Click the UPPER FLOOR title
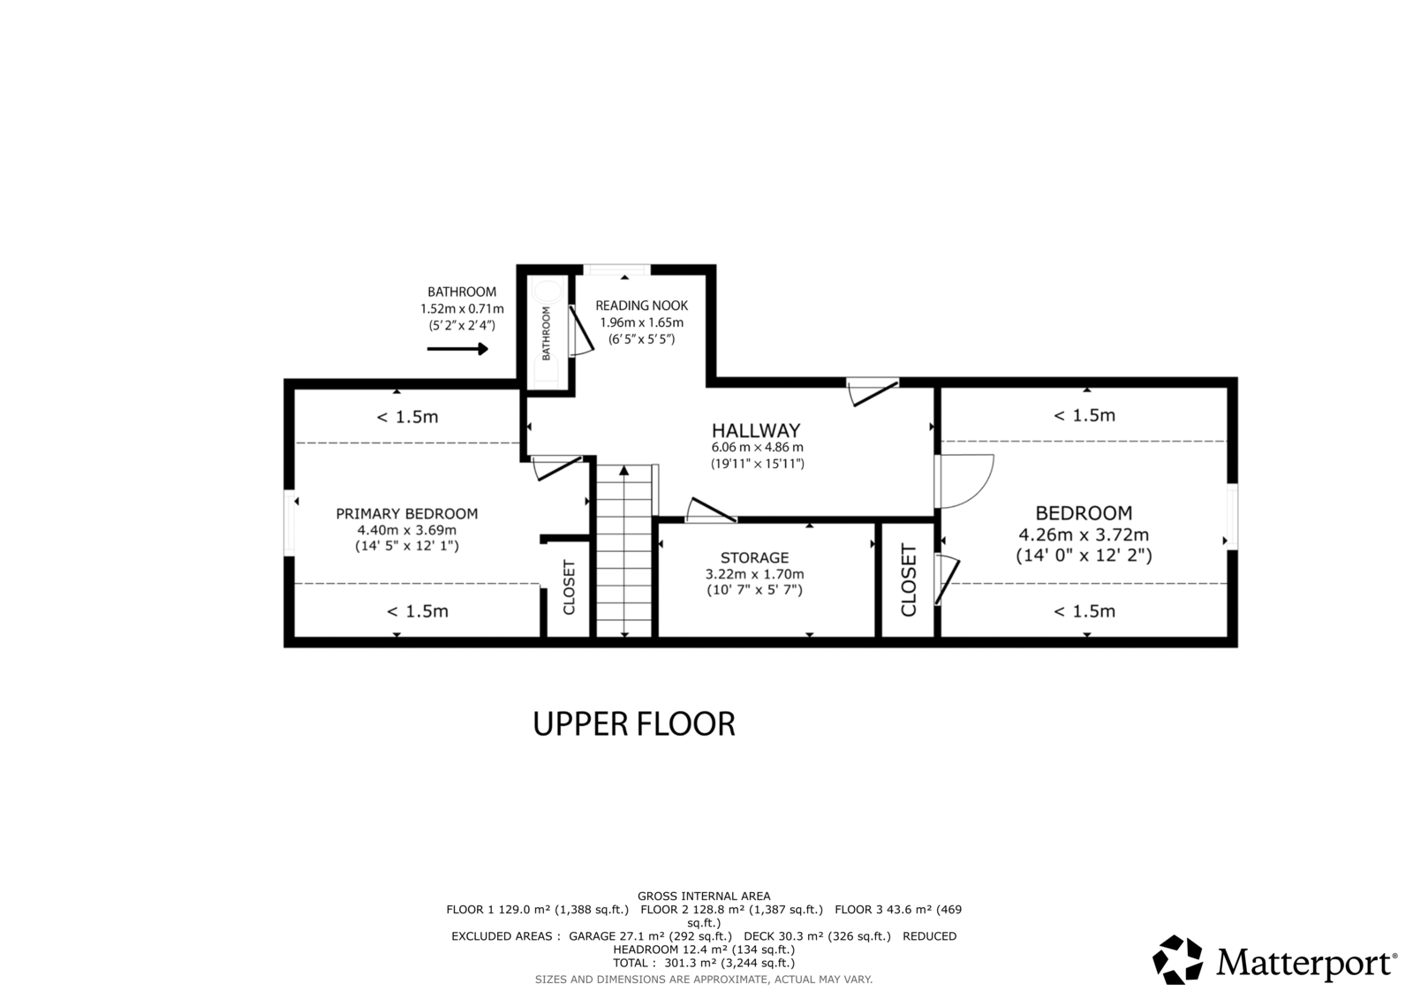point(634,723)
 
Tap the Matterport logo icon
point(1178,959)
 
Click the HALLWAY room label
point(756,430)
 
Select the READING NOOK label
point(641,306)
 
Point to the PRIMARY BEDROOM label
point(407,514)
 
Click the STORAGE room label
point(754,558)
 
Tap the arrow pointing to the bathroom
point(457,349)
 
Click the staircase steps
point(623,550)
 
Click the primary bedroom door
point(555,467)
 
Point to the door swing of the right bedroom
point(965,481)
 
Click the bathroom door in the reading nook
point(581,331)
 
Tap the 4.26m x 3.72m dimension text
point(1084,534)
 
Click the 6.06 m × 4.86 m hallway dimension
point(757,448)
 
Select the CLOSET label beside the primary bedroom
point(569,587)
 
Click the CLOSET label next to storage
point(908,580)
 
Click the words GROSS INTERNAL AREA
point(704,897)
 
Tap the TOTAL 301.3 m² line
point(704,963)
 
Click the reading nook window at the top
point(616,270)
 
